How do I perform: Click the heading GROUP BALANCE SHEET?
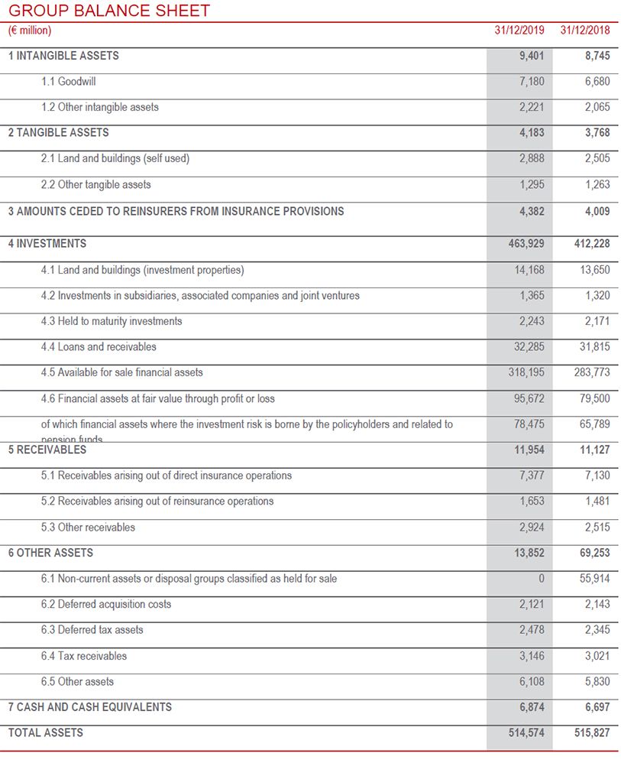point(108,11)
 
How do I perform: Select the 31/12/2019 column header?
point(519,31)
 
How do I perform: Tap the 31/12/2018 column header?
point(585,31)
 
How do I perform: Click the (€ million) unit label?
point(30,31)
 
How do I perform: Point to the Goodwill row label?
point(69,81)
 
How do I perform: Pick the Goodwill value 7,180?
point(532,81)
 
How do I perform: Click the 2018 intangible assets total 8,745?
point(597,56)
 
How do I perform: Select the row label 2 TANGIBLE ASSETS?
point(59,132)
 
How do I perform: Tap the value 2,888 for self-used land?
point(532,158)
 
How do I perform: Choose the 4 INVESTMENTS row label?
point(47,244)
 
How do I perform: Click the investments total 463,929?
point(526,244)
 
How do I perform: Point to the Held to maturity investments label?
point(112,321)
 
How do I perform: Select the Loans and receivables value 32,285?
point(529,347)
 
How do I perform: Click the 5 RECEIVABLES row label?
point(47,450)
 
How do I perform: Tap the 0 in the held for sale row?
point(541,579)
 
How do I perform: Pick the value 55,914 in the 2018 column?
point(594,579)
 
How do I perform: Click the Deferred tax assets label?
point(92,630)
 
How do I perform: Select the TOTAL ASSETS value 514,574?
point(526,732)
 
